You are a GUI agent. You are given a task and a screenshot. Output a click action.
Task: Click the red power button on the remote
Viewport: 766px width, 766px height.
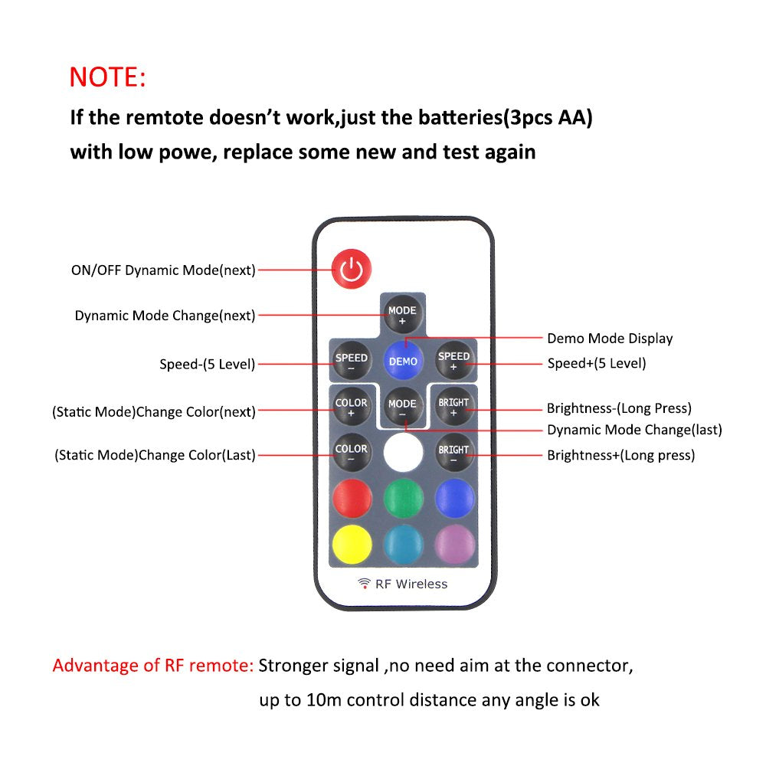click(352, 269)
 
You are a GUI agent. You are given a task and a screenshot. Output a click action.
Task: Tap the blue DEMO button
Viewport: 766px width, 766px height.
click(403, 361)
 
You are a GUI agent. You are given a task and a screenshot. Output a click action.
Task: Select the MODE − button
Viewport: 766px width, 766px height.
click(403, 407)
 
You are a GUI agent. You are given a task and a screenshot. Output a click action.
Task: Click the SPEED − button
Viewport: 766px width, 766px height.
click(352, 361)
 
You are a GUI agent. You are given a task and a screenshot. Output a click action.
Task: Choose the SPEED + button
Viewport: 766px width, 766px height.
click(453, 360)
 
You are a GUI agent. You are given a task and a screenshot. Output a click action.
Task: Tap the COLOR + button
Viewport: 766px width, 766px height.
click(352, 407)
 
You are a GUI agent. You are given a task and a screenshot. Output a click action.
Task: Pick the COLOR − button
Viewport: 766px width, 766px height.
click(352, 452)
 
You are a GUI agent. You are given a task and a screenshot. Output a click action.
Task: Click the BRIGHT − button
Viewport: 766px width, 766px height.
click(453, 453)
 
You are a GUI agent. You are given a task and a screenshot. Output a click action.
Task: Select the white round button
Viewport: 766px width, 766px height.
click(403, 453)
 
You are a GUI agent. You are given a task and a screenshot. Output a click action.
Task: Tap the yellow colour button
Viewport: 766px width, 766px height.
click(352, 544)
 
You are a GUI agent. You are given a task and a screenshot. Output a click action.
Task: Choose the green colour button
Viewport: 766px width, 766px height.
click(404, 499)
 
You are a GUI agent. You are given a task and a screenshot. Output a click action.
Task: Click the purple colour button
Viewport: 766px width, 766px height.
click(455, 544)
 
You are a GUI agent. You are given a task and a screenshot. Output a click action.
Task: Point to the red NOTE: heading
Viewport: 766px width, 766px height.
click(107, 77)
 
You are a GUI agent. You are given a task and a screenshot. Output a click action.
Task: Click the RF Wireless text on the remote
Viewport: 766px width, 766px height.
click(411, 584)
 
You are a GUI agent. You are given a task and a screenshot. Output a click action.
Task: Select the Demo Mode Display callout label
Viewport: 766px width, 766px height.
click(610, 338)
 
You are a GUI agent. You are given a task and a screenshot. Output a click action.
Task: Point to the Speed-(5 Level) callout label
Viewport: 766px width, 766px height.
click(207, 364)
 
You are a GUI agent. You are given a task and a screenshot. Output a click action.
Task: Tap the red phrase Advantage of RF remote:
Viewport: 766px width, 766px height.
click(153, 666)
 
